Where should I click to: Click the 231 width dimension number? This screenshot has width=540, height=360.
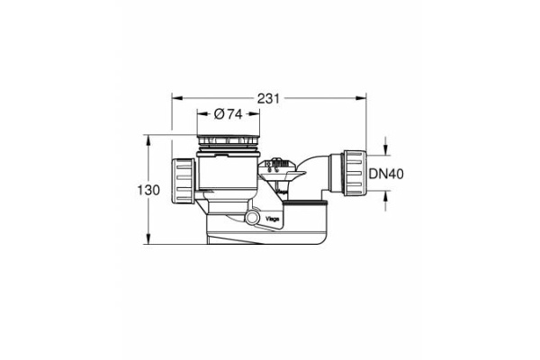click(x=268, y=98)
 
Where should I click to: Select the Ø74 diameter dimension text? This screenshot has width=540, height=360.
click(x=228, y=114)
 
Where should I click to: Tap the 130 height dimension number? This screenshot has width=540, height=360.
click(x=148, y=190)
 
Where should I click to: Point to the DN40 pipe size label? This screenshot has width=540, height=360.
click(x=386, y=174)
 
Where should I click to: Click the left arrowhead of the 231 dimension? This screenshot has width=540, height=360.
click(x=177, y=98)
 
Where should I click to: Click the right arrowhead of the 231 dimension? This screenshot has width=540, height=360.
click(x=361, y=98)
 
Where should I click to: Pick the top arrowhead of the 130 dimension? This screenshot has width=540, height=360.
click(x=148, y=140)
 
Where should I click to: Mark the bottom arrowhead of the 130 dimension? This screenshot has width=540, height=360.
click(x=148, y=239)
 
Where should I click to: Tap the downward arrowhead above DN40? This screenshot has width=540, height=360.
click(x=385, y=150)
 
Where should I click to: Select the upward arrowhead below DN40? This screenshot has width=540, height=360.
click(x=385, y=195)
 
